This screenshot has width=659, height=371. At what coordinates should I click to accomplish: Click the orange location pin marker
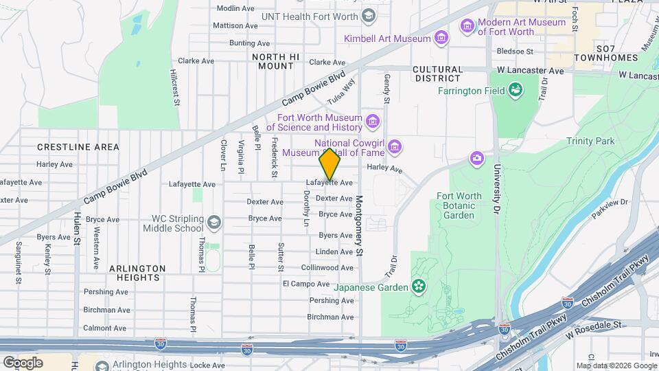pos(330,164)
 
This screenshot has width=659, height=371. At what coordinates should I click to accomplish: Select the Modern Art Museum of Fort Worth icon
pos(467,27)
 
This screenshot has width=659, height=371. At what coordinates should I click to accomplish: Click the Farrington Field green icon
pos(514,89)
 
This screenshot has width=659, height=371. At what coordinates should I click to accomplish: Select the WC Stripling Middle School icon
pos(214,223)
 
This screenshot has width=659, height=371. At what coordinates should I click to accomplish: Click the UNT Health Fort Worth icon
pos(369,15)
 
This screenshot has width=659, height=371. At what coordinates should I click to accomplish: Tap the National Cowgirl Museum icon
pos(394,146)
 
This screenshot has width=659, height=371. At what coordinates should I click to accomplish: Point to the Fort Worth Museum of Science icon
pos(373,122)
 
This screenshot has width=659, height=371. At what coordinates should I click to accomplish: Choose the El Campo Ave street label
pos(306,284)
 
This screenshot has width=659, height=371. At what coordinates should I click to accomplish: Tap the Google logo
pos(23,362)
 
